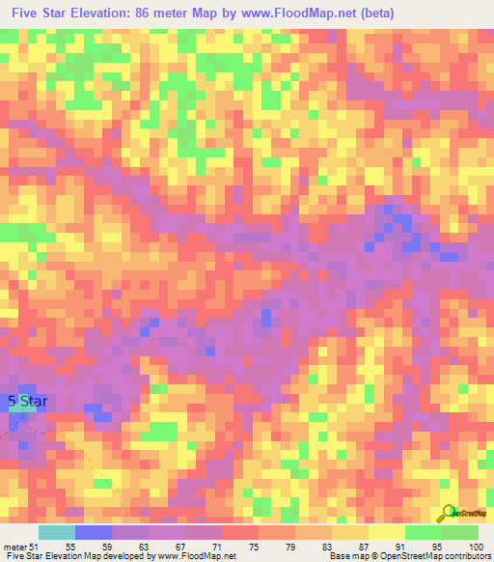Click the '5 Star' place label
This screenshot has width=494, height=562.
[x=27, y=401]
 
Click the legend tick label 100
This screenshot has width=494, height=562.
[x=474, y=546]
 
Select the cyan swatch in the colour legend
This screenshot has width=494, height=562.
[x=57, y=532]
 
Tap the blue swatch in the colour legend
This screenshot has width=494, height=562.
[x=94, y=532]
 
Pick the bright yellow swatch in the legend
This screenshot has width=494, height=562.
[x=386, y=532]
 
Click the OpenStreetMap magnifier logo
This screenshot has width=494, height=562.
[x=447, y=513]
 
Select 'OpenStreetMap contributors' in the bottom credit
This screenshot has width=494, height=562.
[x=440, y=556]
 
